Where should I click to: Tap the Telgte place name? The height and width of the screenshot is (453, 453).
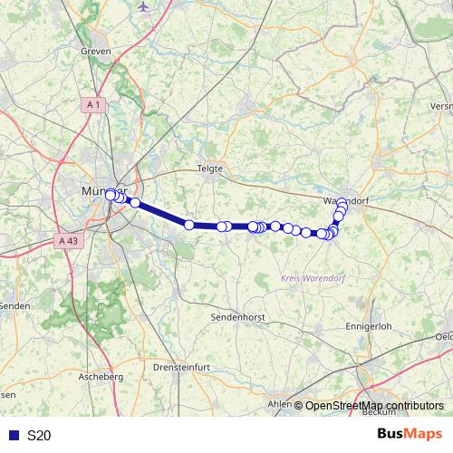[210, 169]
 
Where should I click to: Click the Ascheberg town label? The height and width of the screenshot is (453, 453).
[101, 375]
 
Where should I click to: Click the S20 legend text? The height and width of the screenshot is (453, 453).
[39, 436]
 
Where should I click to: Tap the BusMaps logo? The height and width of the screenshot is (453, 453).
[408, 435]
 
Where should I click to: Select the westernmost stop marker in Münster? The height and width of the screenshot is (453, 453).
[111, 195]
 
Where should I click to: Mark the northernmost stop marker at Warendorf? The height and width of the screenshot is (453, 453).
[342, 207]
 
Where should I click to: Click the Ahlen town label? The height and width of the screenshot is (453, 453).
[278, 405]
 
